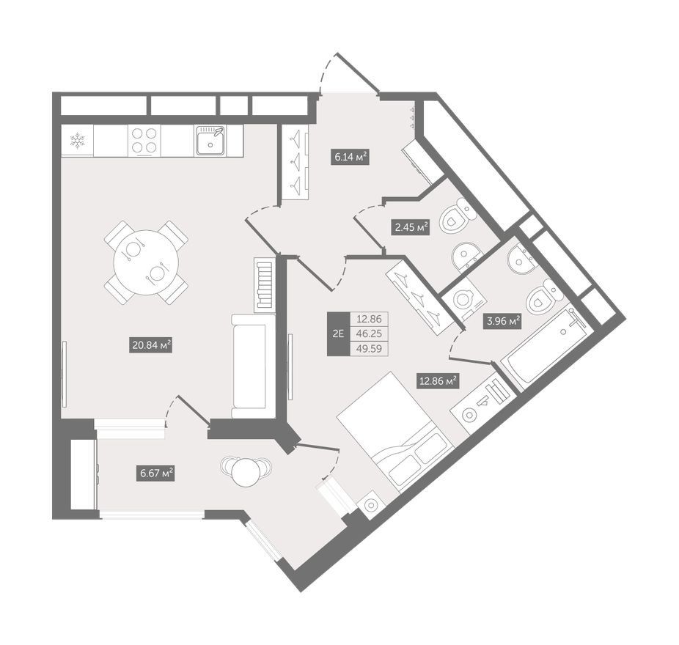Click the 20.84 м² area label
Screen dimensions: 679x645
pyautogui.click(x=151, y=345)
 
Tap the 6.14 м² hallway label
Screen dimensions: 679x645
pyautogui.click(x=350, y=157)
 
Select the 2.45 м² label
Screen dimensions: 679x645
pyautogui.click(x=411, y=226)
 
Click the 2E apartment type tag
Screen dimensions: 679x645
pyautogui.click(x=338, y=333)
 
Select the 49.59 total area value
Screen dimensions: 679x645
pyautogui.click(x=369, y=348)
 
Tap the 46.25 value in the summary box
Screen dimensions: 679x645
pyautogui.click(x=369, y=333)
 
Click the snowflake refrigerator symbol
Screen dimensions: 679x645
pyautogui.click(x=78, y=140)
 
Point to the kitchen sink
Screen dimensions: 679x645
pyautogui.click(x=210, y=140)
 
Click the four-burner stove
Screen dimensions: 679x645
pyautogui.click(x=144, y=140)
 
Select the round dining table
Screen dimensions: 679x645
pyautogui.click(x=146, y=262)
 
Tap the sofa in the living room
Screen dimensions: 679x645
pyautogui.click(x=254, y=366)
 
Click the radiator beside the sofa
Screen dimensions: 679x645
pyautogui.click(x=265, y=285)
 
